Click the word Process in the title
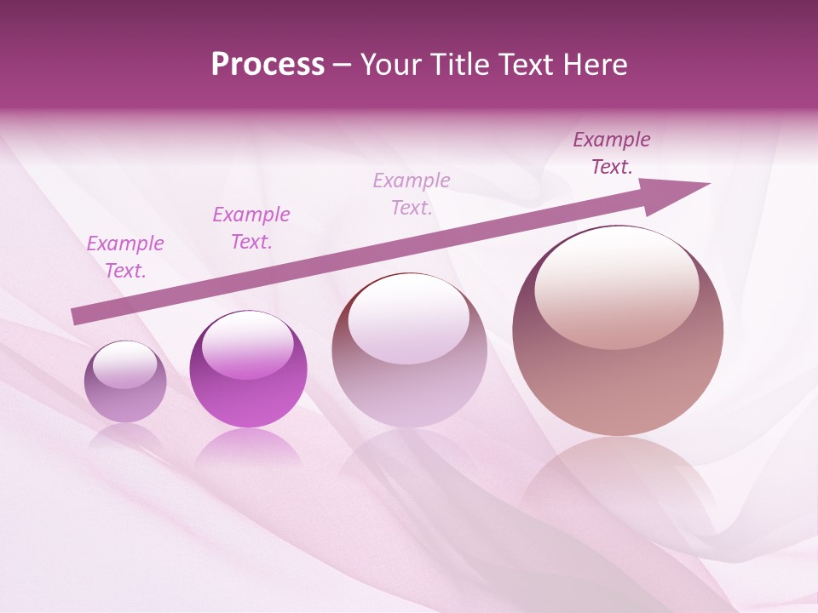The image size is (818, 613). point(268,65)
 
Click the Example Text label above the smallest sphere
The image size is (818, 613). point(125,256)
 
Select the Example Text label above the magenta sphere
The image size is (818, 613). point(251,227)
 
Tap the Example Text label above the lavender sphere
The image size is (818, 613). point(412,193)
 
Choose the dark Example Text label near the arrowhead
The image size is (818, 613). point(612,152)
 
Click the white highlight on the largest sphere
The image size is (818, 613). point(616,285)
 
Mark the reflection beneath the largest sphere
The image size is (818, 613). point(618,485)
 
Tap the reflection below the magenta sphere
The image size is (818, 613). point(248,447)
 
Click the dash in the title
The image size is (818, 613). point(343,65)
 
